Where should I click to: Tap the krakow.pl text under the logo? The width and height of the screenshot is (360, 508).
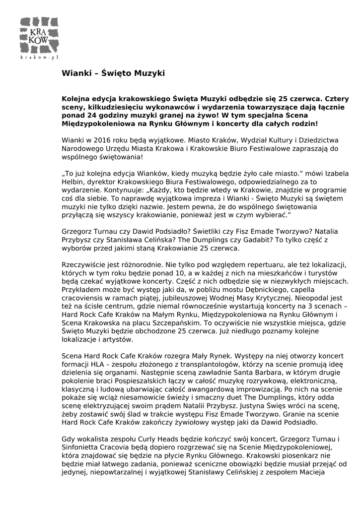[x=40, y=58]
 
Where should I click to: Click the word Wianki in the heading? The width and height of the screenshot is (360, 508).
[x=74, y=73]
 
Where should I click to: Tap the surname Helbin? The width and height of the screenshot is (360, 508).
[x=73, y=182]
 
